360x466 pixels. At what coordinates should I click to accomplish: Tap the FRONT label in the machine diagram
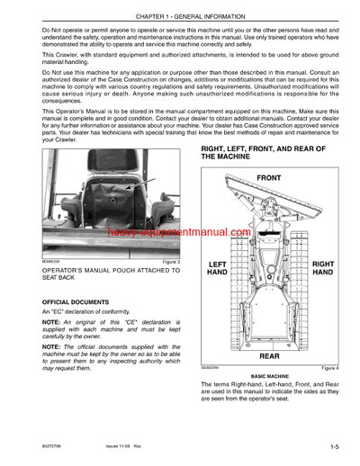click(269, 178)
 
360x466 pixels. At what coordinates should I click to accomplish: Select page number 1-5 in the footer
click(334, 444)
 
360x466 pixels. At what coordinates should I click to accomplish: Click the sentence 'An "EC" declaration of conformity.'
click(85, 311)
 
